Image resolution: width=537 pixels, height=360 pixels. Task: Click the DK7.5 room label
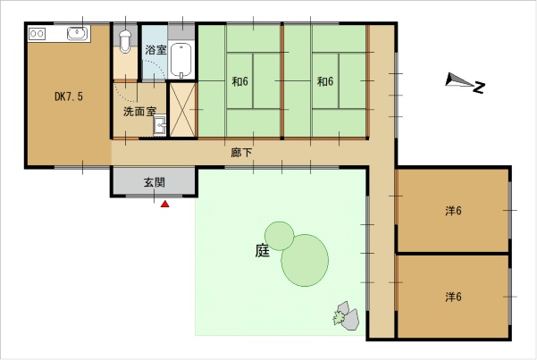[x=69, y=96]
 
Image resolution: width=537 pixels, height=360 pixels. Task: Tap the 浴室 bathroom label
[x=155, y=50]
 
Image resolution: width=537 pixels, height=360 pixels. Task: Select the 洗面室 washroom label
[x=139, y=112]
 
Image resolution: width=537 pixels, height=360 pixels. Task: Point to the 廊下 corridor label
[x=241, y=153]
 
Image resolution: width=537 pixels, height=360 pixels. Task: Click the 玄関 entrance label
[x=155, y=182]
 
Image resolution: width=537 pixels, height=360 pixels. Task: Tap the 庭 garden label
[x=263, y=251]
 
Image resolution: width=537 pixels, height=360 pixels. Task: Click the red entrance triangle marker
[x=165, y=205]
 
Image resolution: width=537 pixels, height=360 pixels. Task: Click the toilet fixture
[x=125, y=41]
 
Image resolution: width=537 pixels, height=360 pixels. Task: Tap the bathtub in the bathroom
[x=181, y=60]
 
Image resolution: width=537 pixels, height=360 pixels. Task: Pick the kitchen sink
[x=77, y=34]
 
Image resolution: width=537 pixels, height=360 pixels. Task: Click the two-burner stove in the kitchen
[x=37, y=34]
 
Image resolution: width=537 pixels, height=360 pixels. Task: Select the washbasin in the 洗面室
[x=160, y=126]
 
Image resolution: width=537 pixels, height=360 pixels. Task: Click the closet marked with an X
[x=182, y=110]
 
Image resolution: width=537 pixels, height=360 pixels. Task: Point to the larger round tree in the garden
[x=305, y=260]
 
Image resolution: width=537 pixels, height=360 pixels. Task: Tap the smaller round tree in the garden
[x=279, y=236]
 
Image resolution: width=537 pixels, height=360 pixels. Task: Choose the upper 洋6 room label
[x=453, y=211]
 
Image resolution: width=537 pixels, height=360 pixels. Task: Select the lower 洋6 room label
[x=453, y=297]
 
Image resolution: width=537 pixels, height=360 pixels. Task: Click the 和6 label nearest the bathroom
[x=239, y=81]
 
